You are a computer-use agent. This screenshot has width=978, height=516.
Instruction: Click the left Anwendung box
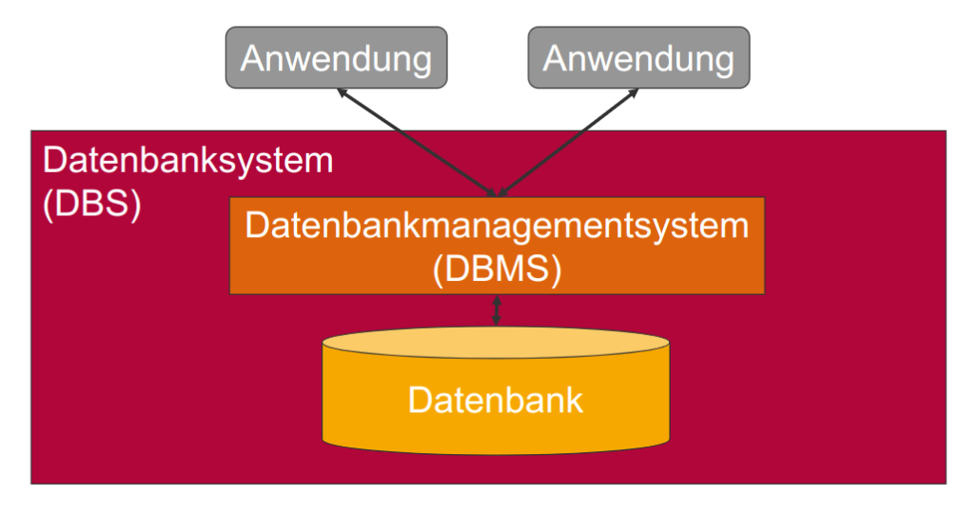(x=336, y=58)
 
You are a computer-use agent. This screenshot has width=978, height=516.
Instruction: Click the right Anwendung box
(x=638, y=58)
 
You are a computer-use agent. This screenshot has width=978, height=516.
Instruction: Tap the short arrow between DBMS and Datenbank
(x=497, y=310)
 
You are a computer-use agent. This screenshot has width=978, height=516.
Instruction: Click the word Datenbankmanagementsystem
(x=497, y=228)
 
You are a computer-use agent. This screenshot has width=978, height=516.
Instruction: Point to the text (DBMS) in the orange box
(x=497, y=268)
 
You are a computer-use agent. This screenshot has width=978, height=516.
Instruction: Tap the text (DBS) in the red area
(x=92, y=204)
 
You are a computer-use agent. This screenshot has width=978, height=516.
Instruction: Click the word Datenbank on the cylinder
(x=496, y=400)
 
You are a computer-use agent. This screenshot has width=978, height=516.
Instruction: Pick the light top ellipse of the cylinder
(x=496, y=343)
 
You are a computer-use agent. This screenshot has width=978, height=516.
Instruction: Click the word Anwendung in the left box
(x=336, y=58)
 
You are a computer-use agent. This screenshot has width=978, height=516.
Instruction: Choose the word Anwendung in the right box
(x=638, y=58)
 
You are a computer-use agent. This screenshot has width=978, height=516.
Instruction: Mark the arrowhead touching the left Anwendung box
(x=342, y=93)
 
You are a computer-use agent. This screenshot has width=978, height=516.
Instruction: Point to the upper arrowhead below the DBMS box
(x=497, y=300)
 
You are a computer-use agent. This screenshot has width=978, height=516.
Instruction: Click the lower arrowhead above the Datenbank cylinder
(x=497, y=321)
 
